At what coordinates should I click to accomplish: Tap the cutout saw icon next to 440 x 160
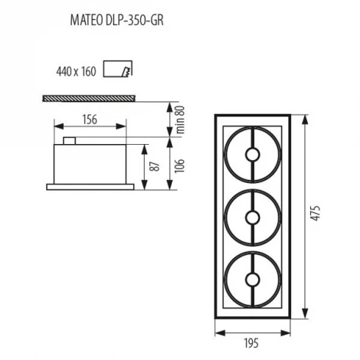[x=116, y=70]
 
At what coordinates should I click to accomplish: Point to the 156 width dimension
[x=90, y=120]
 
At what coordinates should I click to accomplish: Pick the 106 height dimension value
[x=178, y=163]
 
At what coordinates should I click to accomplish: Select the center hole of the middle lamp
[x=251, y=218]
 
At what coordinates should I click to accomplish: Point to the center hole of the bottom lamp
[x=251, y=280]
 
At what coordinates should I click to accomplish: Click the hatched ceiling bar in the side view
[x=89, y=98]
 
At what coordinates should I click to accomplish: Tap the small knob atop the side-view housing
[x=69, y=141]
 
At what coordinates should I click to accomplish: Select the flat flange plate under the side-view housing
[x=90, y=185]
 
